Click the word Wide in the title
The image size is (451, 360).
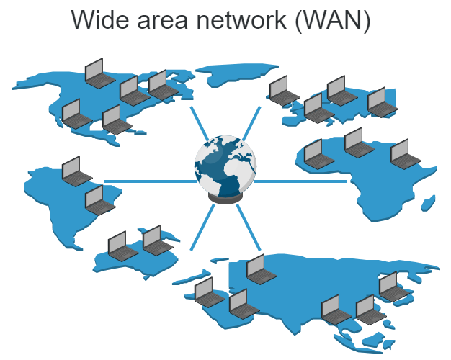(100, 19)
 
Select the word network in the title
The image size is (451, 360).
(241, 19)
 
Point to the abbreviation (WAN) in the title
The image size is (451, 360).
(333, 20)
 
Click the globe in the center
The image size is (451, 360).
(225, 167)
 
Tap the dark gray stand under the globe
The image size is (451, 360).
(225, 199)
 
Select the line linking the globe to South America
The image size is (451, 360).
(150, 181)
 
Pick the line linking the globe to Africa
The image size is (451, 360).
(300, 181)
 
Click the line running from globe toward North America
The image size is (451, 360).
(200, 124)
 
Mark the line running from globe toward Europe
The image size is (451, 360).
(251, 124)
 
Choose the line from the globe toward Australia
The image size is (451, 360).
(202, 227)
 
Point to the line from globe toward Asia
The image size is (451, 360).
(249, 227)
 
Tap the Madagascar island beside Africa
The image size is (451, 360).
(428, 203)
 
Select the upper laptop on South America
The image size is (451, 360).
(77, 171)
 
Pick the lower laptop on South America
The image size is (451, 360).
(100, 200)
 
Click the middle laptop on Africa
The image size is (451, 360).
(360, 143)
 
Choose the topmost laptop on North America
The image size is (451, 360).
(100, 73)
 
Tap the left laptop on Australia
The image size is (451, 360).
(123, 246)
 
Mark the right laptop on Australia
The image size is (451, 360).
(158, 240)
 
